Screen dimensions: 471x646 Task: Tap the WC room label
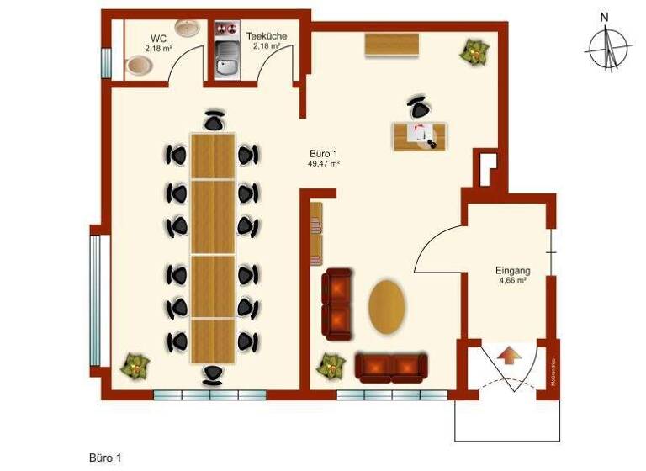[x=157, y=38]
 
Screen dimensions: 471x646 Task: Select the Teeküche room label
[x=266, y=36]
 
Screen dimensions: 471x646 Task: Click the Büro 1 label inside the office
[x=324, y=154]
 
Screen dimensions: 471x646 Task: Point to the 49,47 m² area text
[x=324, y=165]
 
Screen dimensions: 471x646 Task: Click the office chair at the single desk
[x=419, y=108]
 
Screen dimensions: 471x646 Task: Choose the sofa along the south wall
[x=391, y=367]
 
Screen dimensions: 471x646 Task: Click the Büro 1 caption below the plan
[x=105, y=458]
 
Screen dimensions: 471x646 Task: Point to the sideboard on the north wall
[x=392, y=45]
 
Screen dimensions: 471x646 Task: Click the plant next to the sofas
[x=331, y=367]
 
